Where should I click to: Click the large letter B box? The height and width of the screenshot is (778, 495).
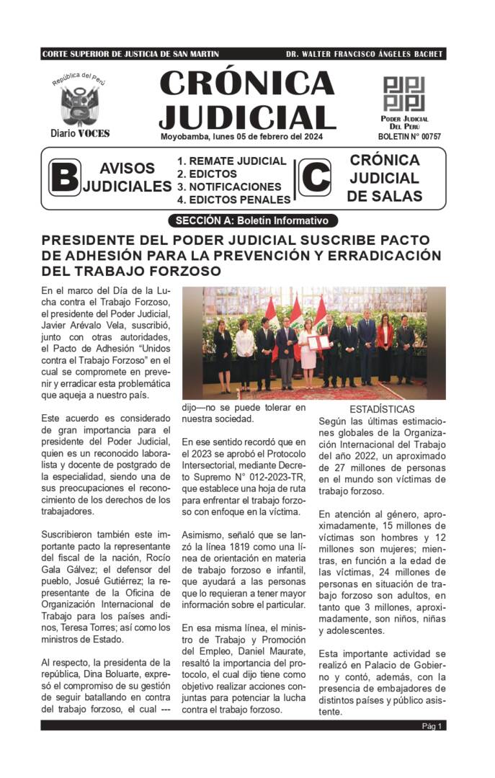[x=64, y=178]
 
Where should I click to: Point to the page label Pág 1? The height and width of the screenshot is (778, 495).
[x=432, y=726]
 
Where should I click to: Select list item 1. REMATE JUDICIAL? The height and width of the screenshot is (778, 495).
[x=232, y=161]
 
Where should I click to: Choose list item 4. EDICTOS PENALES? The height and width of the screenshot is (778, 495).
[x=234, y=200]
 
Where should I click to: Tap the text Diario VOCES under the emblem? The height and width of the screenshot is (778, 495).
[x=80, y=133]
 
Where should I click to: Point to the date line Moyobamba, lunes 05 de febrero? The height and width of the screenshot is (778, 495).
[x=241, y=137]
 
